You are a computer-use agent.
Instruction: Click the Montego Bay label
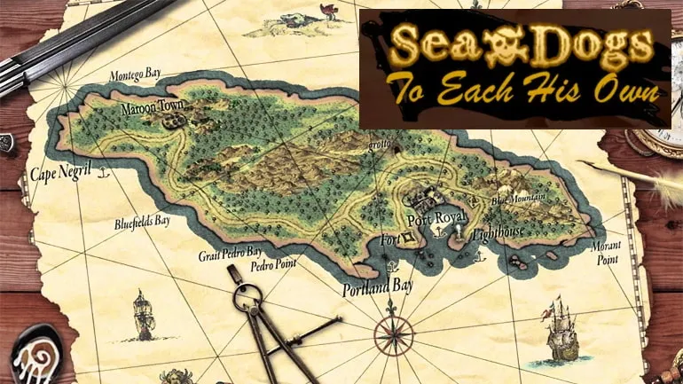click(135, 76)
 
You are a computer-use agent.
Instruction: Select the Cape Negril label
click(61, 175)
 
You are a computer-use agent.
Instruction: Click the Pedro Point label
click(272, 264)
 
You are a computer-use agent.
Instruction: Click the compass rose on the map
click(392, 334)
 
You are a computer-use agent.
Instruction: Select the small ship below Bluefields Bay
click(143, 315)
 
